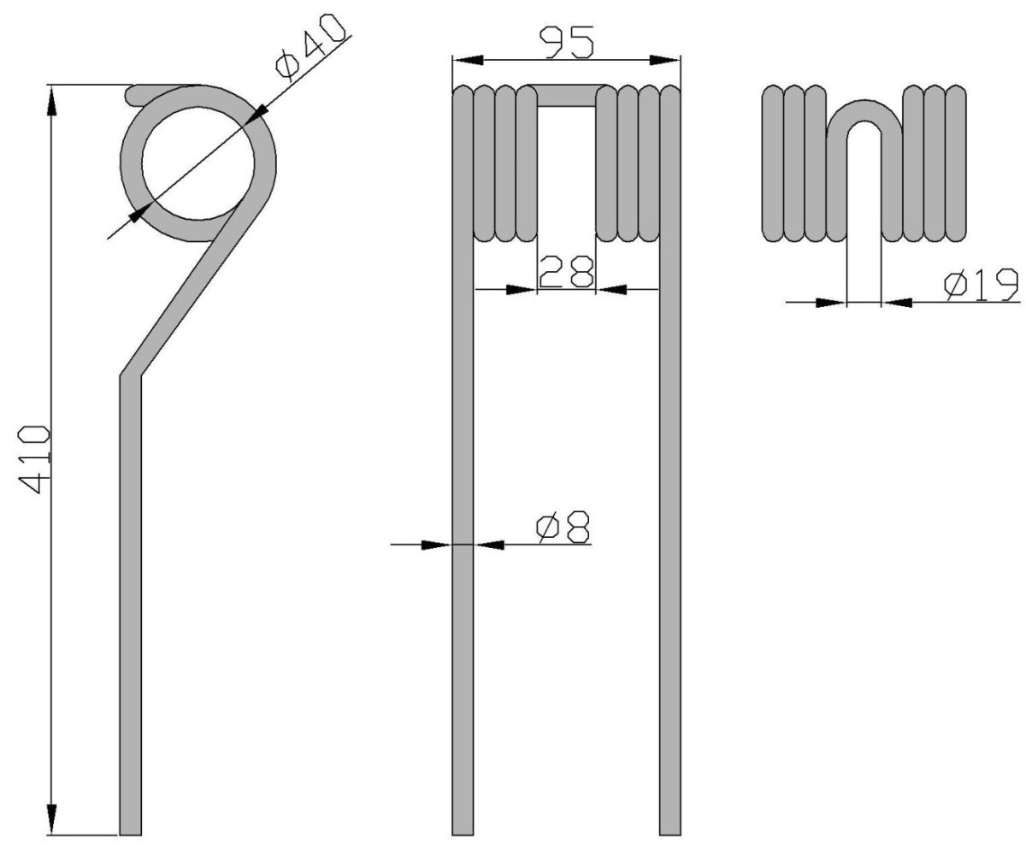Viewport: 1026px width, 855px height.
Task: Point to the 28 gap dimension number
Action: click(x=566, y=271)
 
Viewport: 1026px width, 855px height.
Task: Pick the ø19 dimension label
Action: click(x=982, y=285)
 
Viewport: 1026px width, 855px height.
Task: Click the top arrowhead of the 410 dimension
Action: click(x=51, y=101)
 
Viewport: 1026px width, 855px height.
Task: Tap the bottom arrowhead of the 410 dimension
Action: click(x=51, y=819)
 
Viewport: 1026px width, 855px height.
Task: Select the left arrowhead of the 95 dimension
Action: click(x=468, y=60)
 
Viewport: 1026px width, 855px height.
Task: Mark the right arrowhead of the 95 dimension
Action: click(x=665, y=60)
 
